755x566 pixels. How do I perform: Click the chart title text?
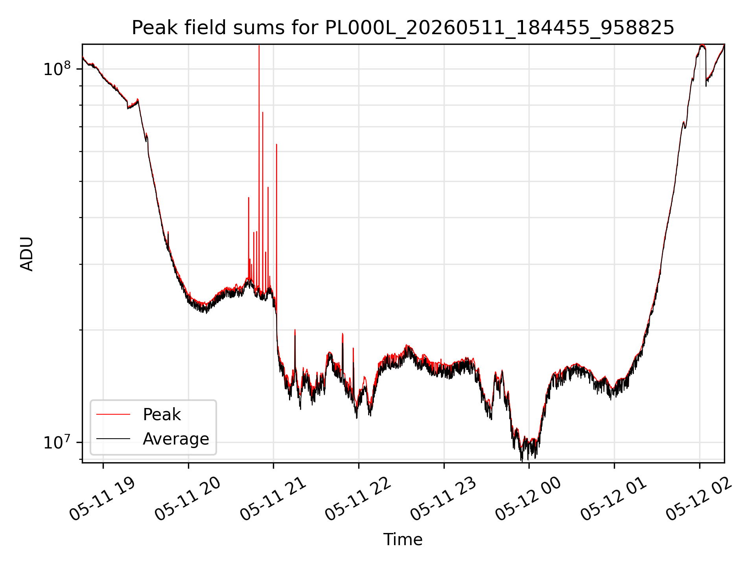(403, 28)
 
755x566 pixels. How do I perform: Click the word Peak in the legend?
(162, 415)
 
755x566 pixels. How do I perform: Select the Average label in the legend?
(176, 439)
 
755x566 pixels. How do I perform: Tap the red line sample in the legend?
(113, 414)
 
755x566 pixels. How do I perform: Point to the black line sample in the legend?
(113, 439)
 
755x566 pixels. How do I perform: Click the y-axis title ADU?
(27, 254)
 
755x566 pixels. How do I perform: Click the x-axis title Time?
(403, 540)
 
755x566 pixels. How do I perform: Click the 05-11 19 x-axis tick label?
(103, 498)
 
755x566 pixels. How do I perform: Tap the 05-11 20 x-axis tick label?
(188, 498)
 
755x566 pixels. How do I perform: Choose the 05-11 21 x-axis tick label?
(273, 498)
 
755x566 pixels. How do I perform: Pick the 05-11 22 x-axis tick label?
(359, 498)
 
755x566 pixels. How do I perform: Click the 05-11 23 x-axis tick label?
(444, 498)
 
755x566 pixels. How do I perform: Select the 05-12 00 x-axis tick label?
(529, 498)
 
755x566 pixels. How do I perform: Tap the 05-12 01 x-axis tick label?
(614, 498)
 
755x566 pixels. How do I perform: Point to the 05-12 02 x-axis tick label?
(700, 498)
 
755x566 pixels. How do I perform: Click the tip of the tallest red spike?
(259, 46)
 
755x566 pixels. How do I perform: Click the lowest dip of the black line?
(522, 461)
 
